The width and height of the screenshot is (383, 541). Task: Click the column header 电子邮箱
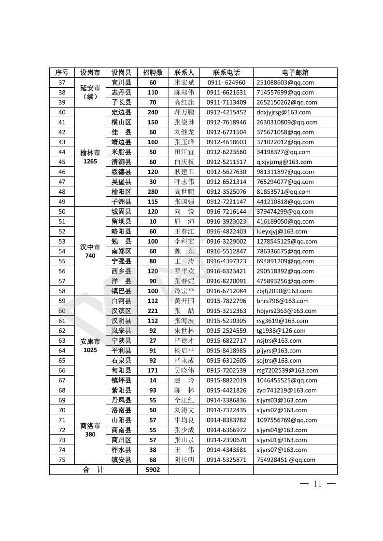tap(295, 73)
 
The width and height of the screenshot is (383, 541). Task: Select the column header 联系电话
tap(226, 73)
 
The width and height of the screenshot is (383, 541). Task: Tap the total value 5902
tap(153, 470)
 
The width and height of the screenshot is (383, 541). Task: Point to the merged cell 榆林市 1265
tap(90, 157)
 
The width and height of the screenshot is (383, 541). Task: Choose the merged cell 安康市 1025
tap(90, 345)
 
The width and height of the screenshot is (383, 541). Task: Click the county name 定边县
tap(121, 112)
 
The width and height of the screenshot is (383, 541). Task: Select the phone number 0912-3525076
tap(226, 192)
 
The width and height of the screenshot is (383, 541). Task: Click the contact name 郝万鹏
tap(184, 112)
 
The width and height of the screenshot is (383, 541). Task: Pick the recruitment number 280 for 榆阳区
tap(153, 192)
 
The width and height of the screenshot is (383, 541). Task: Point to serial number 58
tap(62, 291)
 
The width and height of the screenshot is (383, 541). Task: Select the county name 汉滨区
tap(121, 311)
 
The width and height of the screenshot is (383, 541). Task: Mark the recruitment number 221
tap(153, 311)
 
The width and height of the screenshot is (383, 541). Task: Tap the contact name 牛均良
tap(184, 420)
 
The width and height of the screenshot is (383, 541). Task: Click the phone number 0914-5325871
tap(226, 460)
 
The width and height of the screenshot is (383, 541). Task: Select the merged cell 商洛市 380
tap(90, 430)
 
